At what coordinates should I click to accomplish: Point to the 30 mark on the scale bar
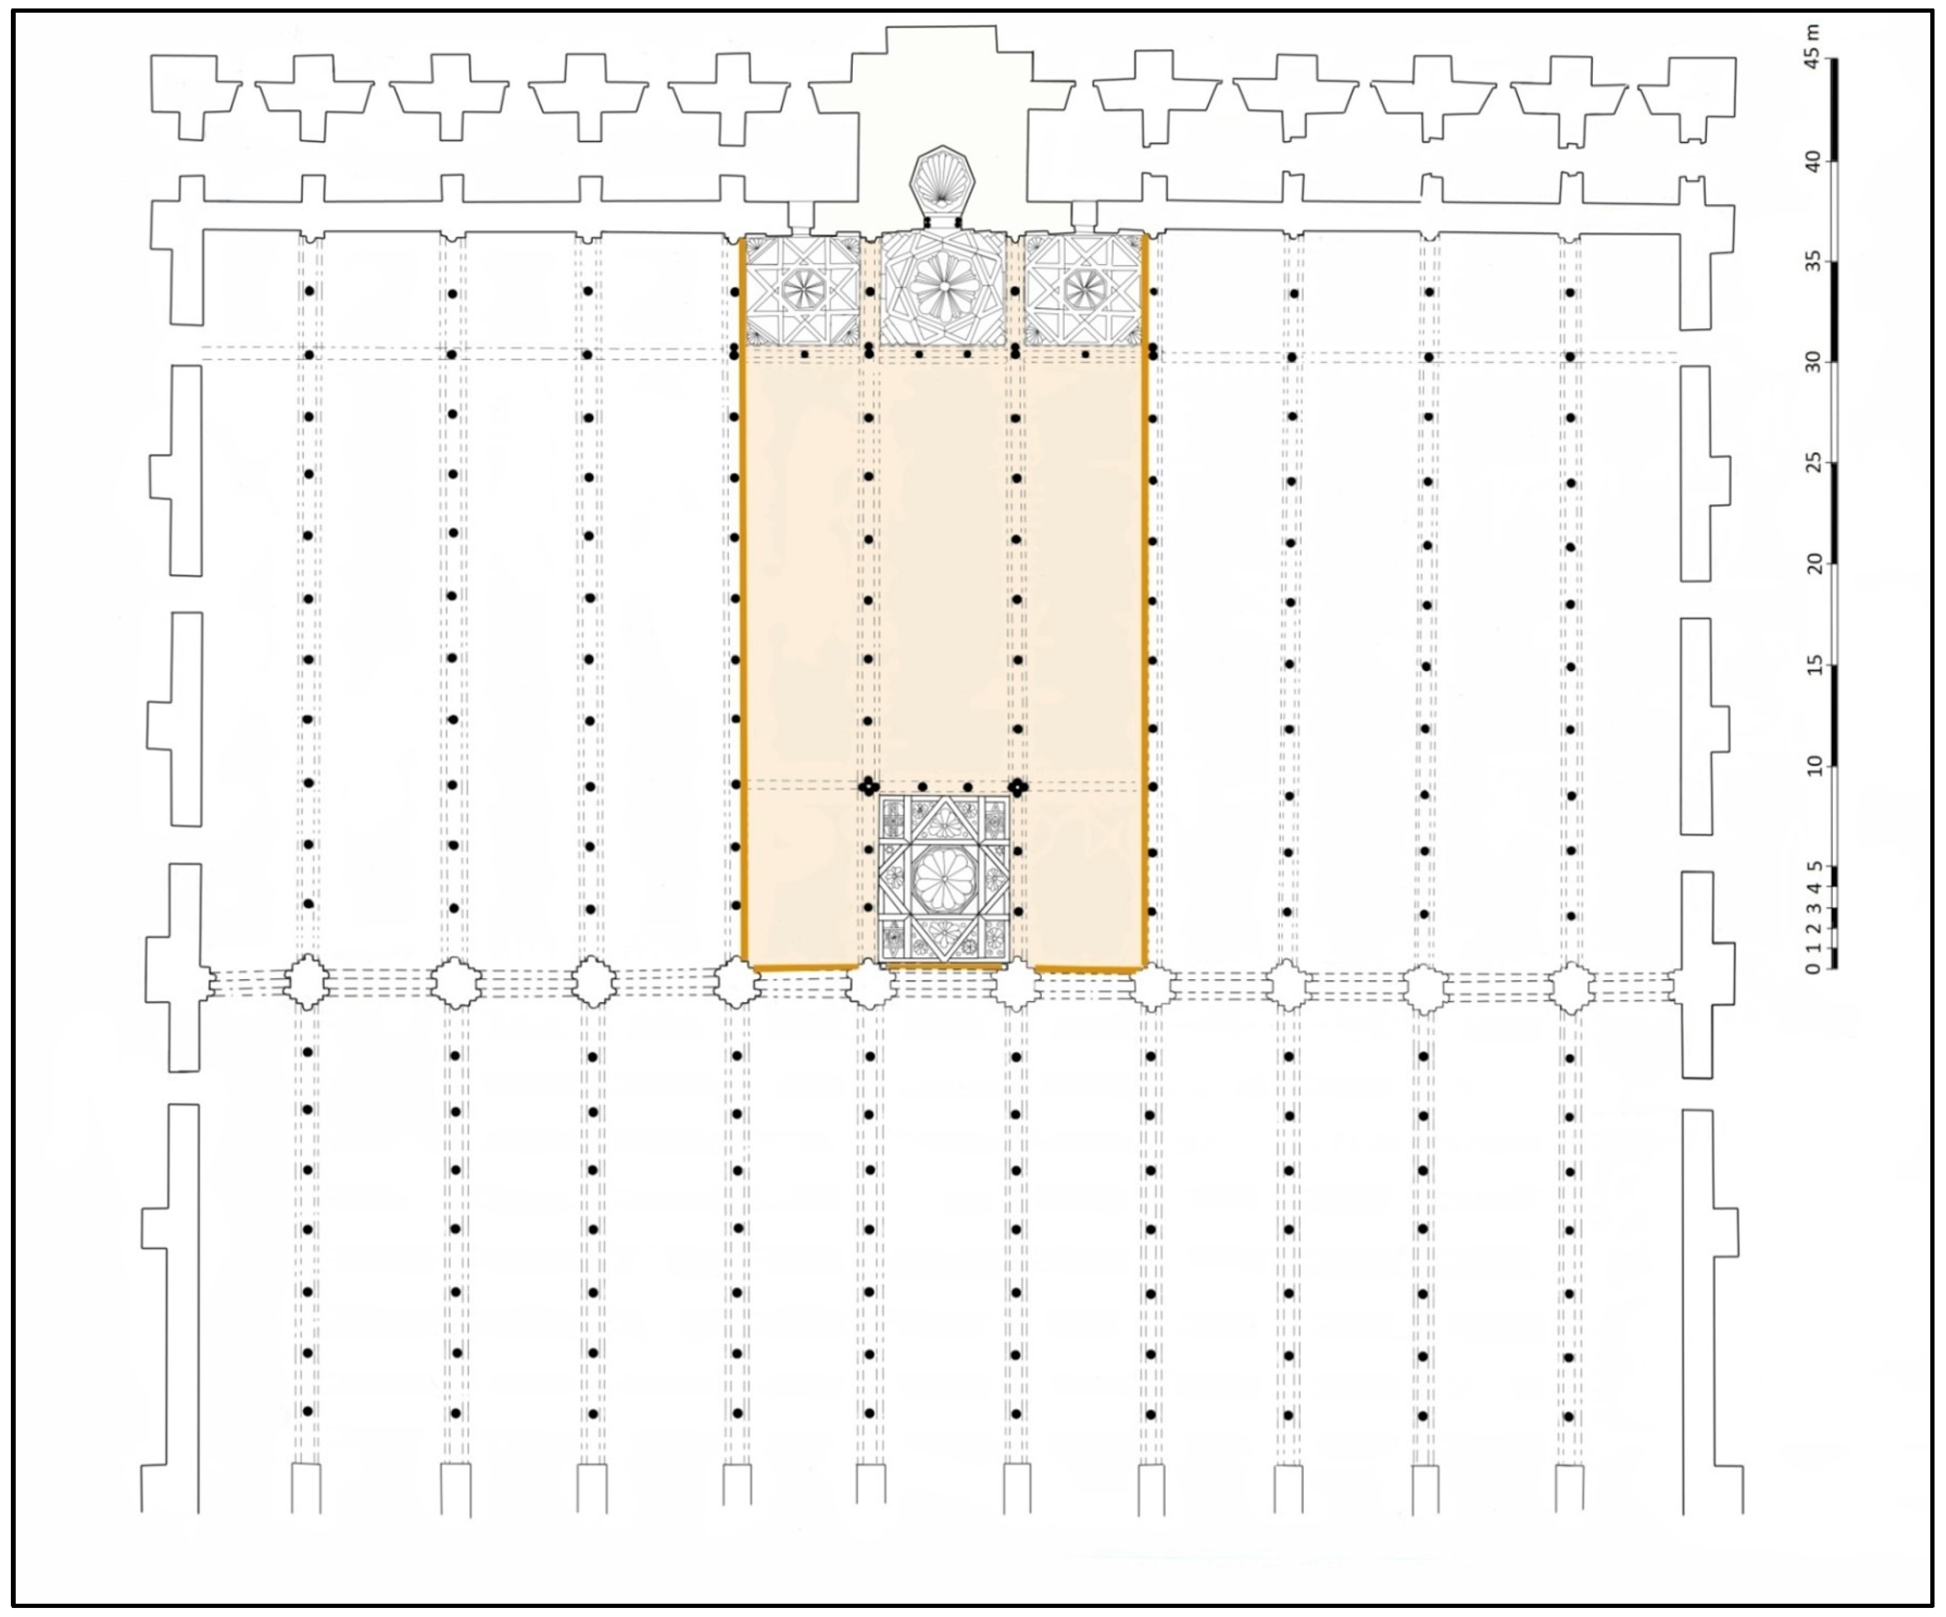coord(1814,362)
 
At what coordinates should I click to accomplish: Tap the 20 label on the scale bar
coord(1814,564)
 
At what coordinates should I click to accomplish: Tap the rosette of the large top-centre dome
coord(943,286)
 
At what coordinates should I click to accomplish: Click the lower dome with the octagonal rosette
coord(943,878)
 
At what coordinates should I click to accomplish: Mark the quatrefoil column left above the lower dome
coord(869,786)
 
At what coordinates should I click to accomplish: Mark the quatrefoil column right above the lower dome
coord(1018,786)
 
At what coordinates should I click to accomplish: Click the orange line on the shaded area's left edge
coord(742,600)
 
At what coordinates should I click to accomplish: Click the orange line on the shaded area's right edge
coord(1145,600)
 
